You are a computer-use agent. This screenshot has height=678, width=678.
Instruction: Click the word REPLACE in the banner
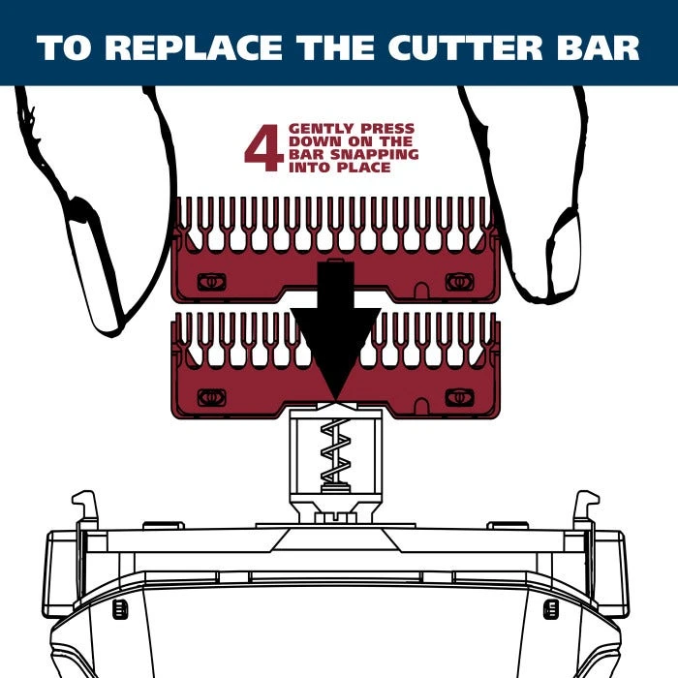pyautogui.click(x=194, y=47)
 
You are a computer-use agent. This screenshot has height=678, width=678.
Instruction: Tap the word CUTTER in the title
pyautogui.click(x=465, y=47)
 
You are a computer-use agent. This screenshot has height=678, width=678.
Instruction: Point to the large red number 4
pyautogui.click(x=263, y=148)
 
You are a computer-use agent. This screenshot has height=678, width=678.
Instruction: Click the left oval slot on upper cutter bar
pyautogui.click(x=211, y=283)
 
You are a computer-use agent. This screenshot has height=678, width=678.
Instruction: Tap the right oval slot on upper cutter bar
pyautogui.click(x=460, y=283)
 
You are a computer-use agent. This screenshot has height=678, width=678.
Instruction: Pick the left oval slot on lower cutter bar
pyautogui.click(x=211, y=397)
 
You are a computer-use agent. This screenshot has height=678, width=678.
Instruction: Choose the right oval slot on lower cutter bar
pyautogui.click(x=460, y=397)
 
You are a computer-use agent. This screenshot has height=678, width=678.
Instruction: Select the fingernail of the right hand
pyautogui.click(x=564, y=255)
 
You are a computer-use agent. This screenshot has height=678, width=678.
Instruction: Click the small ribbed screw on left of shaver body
pyautogui.click(x=120, y=609)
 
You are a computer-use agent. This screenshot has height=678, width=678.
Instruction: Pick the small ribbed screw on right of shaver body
pyautogui.click(x=550, y=609)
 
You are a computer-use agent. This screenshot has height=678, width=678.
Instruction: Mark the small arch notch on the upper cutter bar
pyautogui.click(x=421, y=290)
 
